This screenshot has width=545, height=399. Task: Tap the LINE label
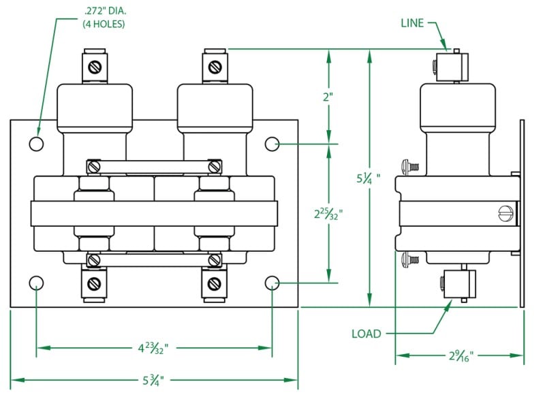point(412,23)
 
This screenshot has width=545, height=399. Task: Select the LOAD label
point(367,334)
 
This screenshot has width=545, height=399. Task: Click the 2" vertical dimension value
point(329,97)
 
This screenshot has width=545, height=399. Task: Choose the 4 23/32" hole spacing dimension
point(153,349)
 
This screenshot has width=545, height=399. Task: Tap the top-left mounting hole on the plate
point(37,144)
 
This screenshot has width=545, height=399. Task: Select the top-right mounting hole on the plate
point(272,144)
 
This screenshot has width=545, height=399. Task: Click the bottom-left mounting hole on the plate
point(37,283)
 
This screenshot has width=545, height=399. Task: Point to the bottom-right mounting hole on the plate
point(272,283)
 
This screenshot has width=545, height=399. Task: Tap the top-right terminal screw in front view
point(215,67)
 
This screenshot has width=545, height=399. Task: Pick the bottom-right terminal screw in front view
point(215,283)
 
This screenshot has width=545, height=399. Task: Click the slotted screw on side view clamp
point(505,213)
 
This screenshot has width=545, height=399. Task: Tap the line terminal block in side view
point(450,66)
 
